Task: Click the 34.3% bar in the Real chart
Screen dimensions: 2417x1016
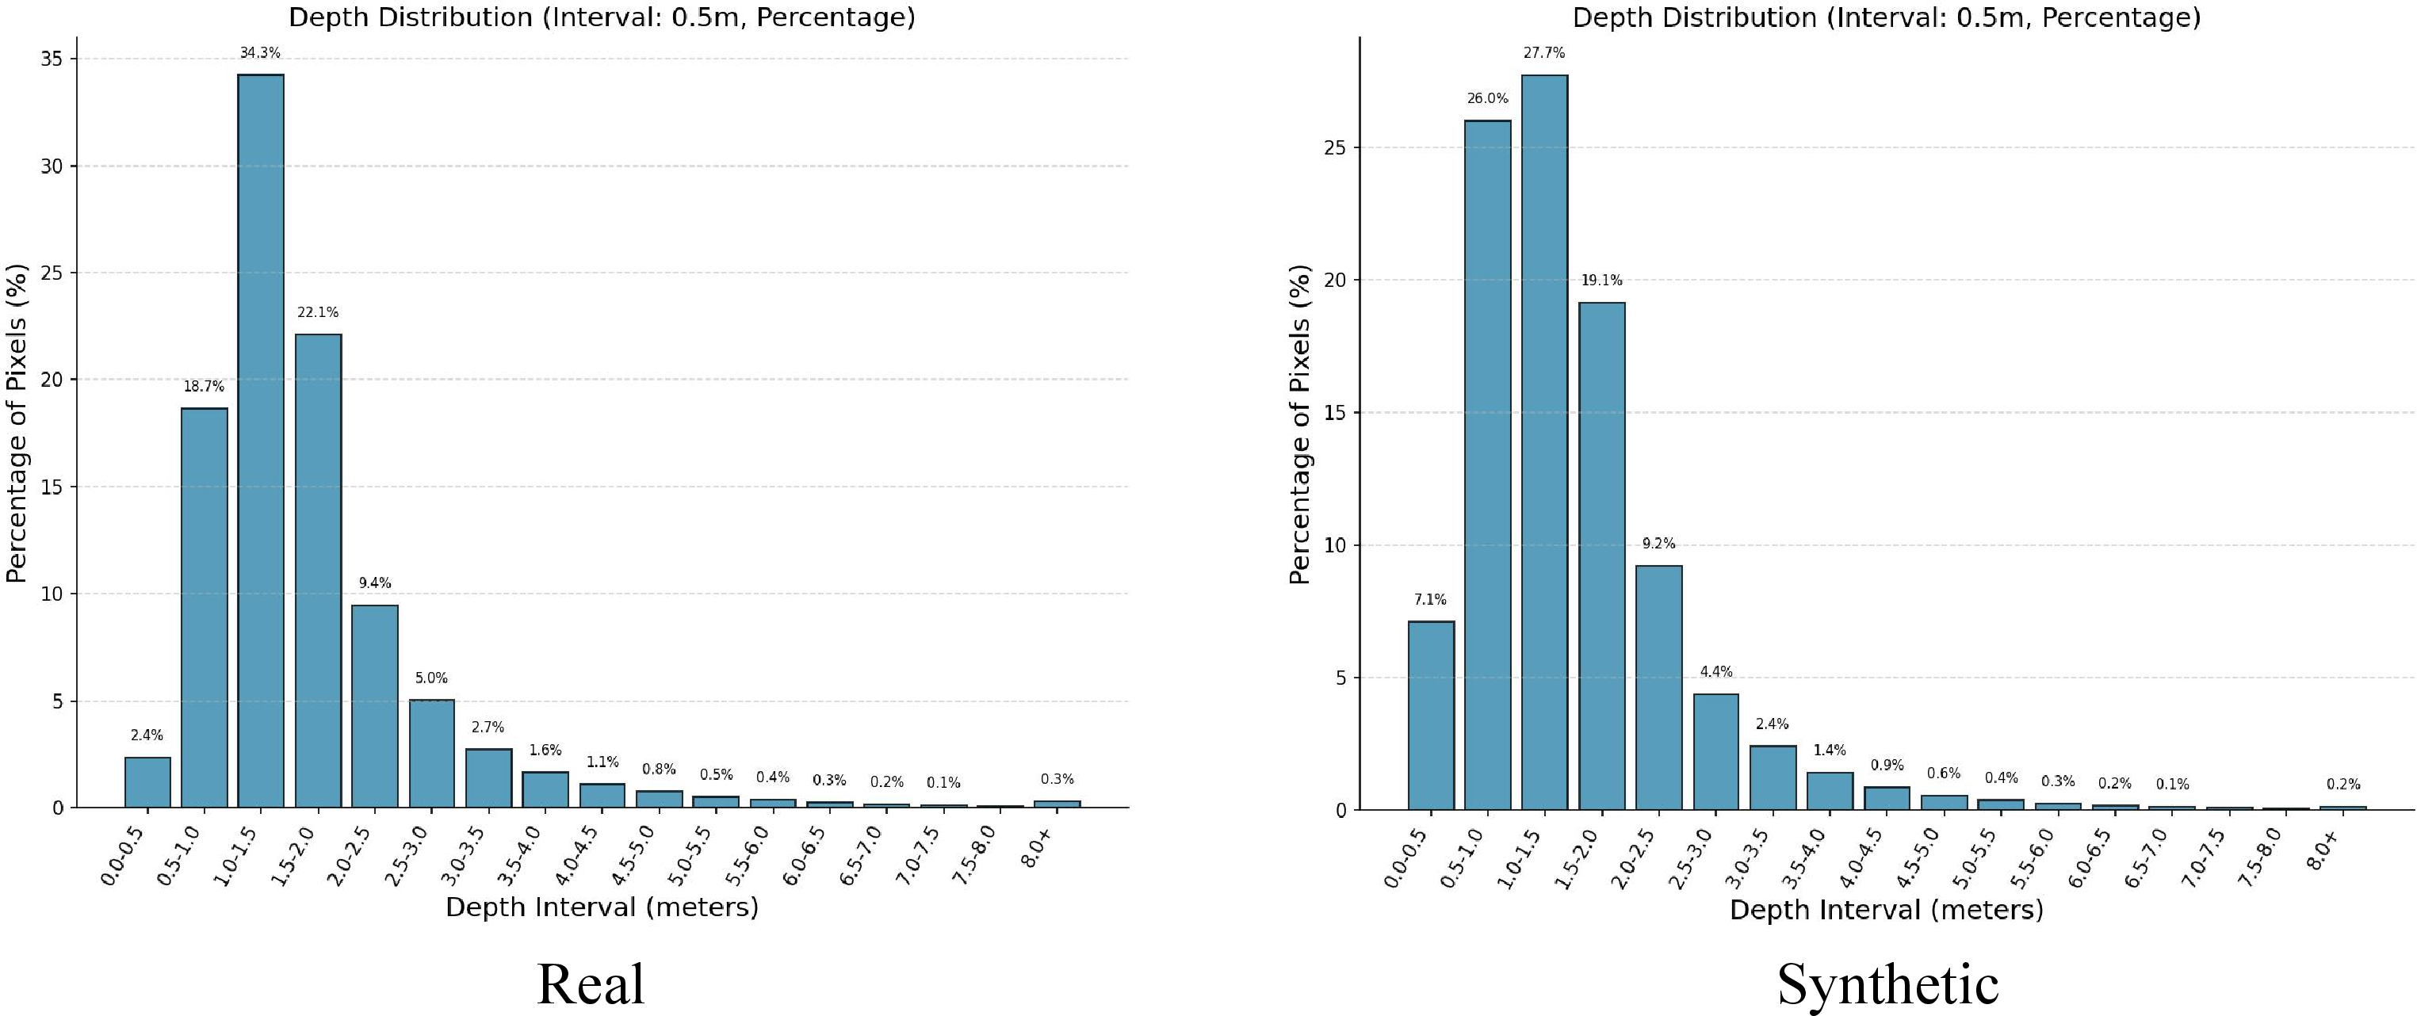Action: [261, 441]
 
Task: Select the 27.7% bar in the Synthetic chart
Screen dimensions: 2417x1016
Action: [1544, 442]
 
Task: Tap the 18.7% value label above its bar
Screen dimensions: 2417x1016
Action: [204, 387]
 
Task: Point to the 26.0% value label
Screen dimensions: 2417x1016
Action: [1488, 98]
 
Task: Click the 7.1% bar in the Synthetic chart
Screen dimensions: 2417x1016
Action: [1431, 715]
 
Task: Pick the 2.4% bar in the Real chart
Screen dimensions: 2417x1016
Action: [147, 782]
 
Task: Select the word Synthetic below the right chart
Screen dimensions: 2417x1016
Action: [1887, 985]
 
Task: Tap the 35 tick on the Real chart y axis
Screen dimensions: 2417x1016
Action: [52, 59]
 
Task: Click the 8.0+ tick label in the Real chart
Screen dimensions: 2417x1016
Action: [1038, 843]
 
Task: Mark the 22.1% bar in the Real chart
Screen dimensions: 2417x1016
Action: [318, 571]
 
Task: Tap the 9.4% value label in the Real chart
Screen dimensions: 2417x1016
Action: [374, 583]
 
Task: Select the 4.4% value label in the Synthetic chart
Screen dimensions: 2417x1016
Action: [1716, 672]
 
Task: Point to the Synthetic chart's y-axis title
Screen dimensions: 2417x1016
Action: [1299, 425]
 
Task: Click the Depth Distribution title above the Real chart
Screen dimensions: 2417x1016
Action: [602, 17]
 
